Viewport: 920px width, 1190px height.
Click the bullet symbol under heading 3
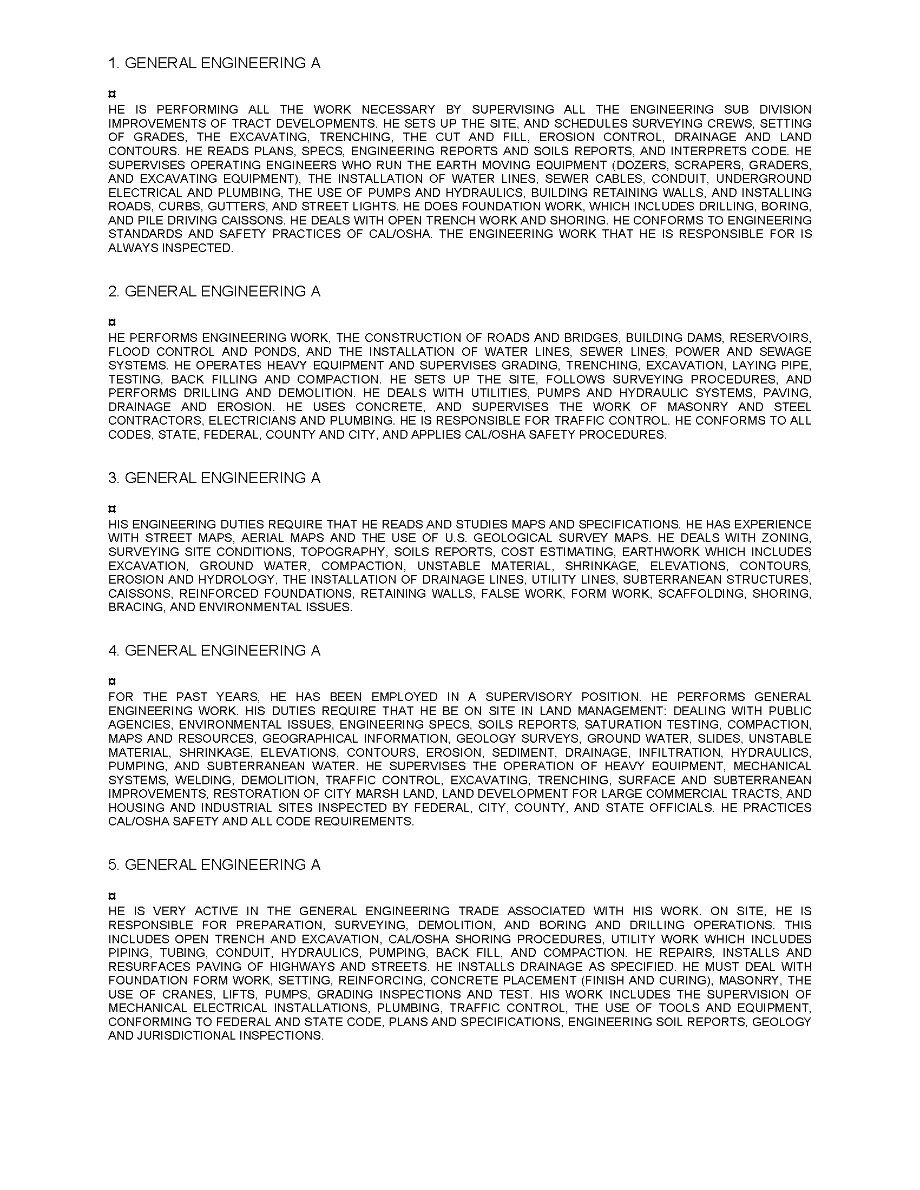coord(111,509)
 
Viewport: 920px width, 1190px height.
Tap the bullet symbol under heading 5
coord(111,896)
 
